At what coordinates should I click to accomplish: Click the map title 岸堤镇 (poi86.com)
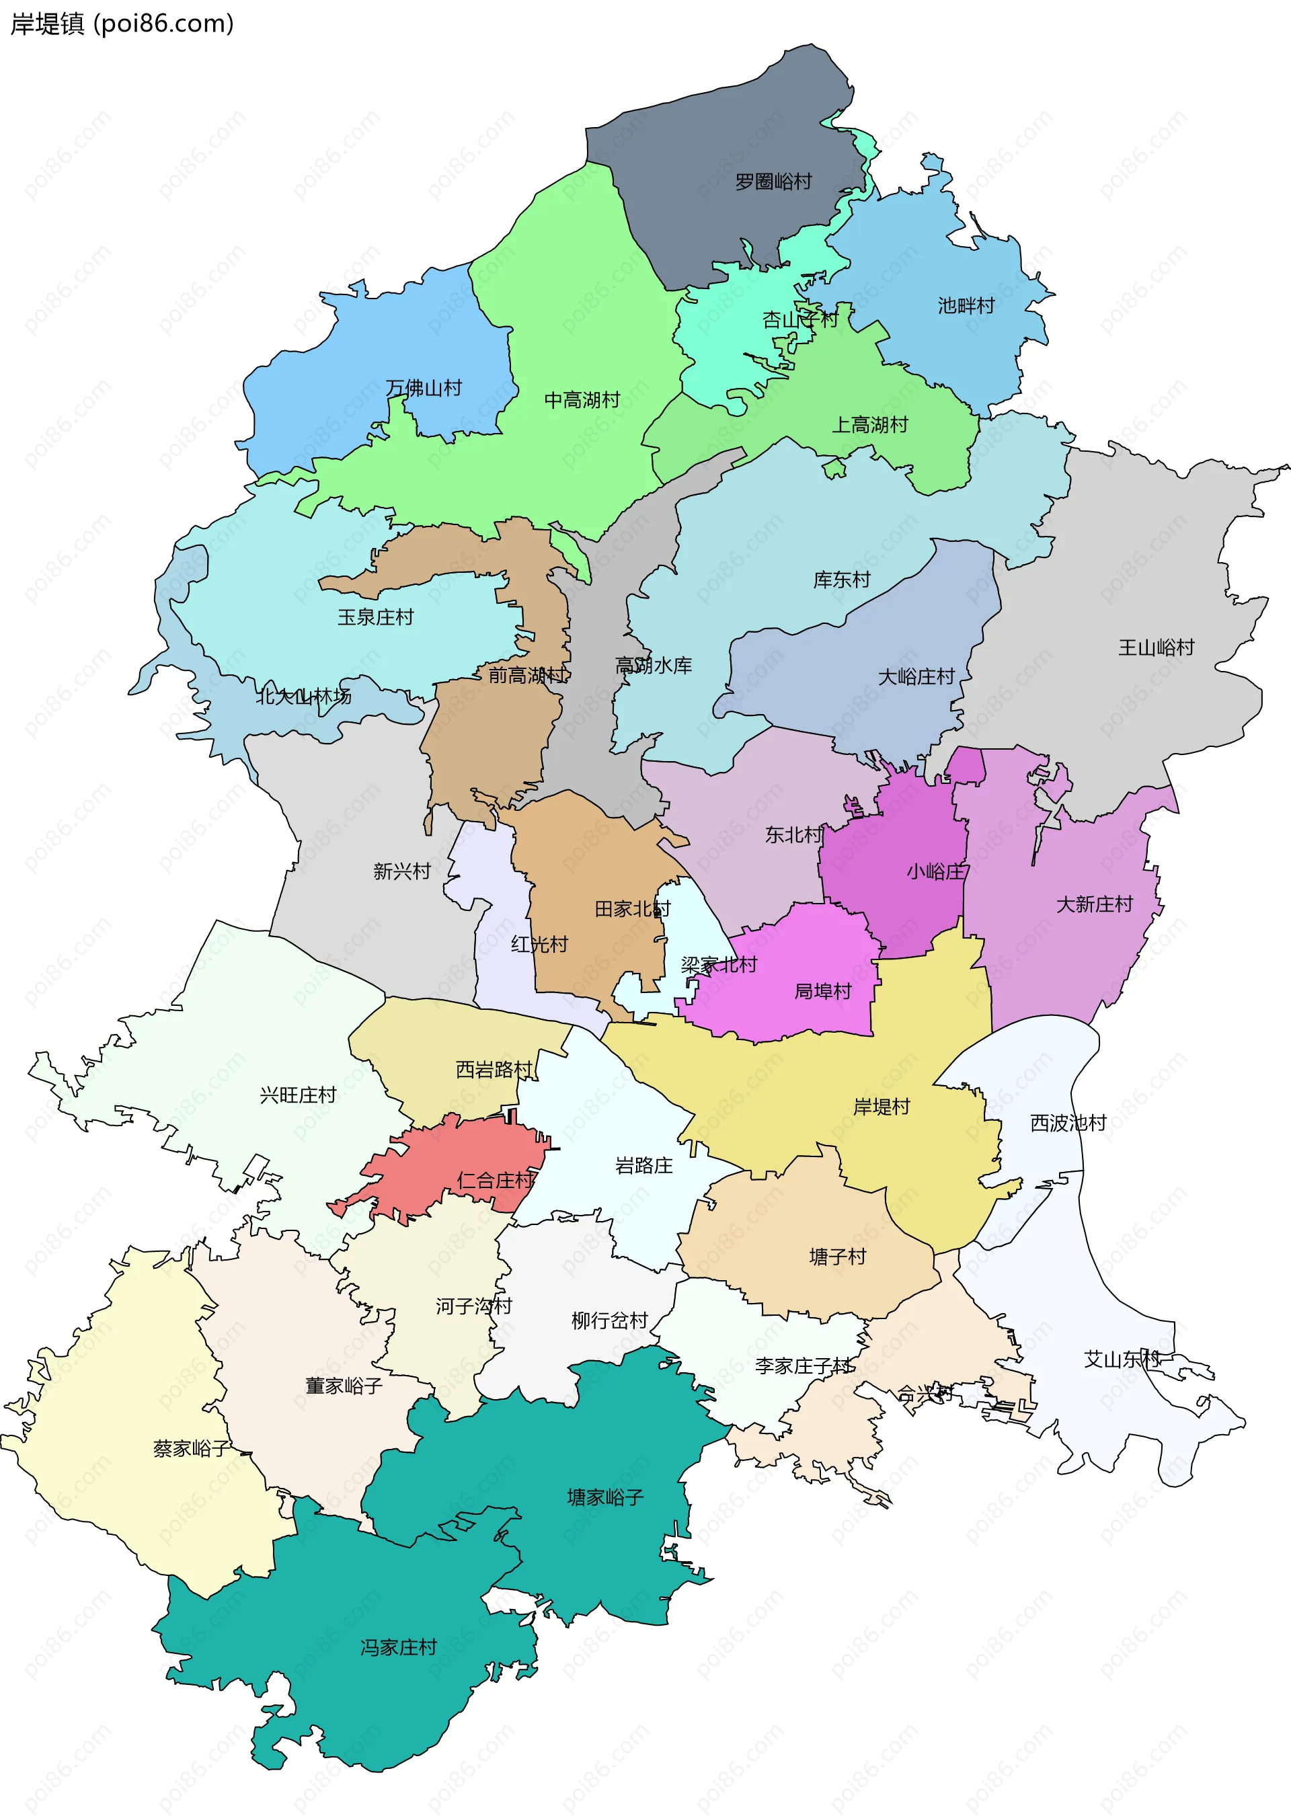(122, 24)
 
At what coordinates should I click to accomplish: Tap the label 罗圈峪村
(773, 182)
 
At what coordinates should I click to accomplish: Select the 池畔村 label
(966, 306)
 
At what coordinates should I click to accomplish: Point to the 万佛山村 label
(424, 388)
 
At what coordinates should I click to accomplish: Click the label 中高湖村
(582, 400)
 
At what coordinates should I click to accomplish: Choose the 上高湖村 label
(869, 425)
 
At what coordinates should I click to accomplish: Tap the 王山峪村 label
(1156, 647)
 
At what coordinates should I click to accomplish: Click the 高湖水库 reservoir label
(654, 665)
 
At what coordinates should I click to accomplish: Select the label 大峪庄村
(916, 677)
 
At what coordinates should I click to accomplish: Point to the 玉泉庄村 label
(375, 617)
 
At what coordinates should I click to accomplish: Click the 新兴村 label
(402, 872)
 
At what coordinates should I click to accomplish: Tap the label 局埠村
(823, 992)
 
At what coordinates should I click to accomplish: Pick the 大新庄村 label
(1094, 904)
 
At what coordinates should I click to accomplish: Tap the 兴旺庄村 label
(298, 1095)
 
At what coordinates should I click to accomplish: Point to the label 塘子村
(837, 1257)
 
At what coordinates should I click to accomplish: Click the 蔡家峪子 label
(192, 1449)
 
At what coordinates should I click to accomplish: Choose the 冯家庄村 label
(398, 1647)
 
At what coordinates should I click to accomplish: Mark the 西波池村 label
(1068, 1123)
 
